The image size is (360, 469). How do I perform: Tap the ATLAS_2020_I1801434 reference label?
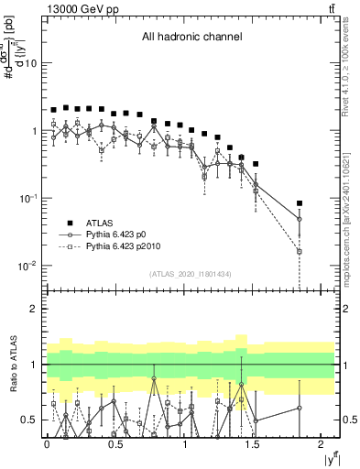tap(191, 274)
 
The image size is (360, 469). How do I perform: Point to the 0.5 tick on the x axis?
tap(115, 444)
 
